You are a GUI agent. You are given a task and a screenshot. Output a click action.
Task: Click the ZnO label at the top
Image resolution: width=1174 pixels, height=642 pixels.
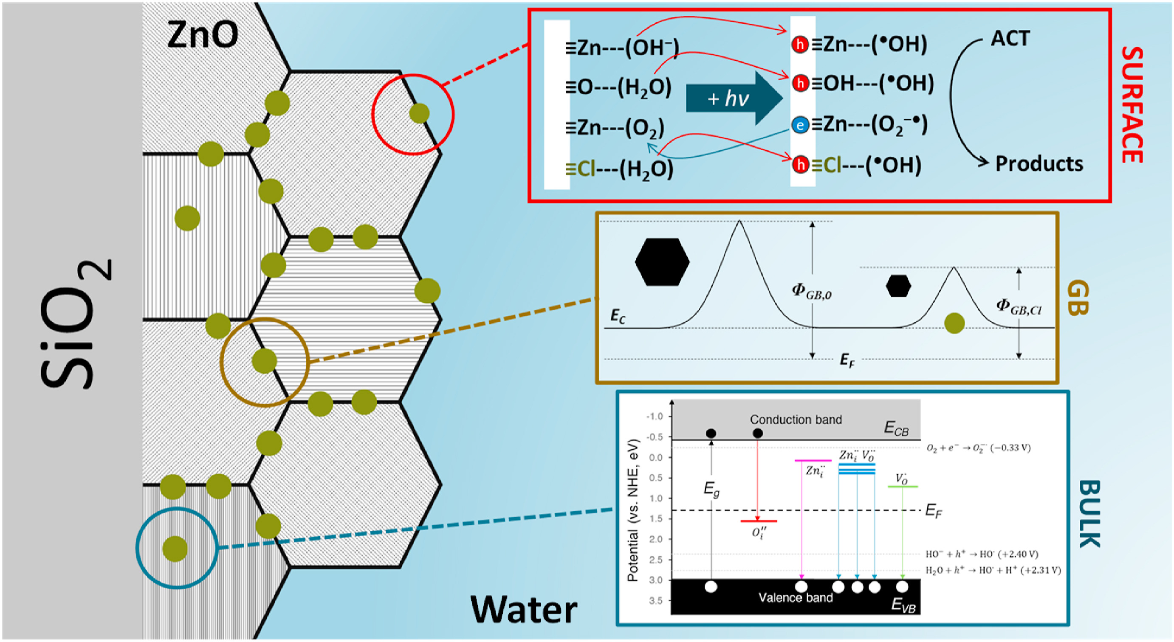202,35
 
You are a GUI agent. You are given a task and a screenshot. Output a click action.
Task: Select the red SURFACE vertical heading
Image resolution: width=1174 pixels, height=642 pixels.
1132,104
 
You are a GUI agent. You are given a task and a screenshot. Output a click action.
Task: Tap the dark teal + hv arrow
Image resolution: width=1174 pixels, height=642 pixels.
734,98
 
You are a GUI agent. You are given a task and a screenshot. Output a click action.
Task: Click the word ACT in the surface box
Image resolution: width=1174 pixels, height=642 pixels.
1010,39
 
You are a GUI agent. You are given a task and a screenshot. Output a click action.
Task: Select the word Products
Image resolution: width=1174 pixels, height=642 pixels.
1039,163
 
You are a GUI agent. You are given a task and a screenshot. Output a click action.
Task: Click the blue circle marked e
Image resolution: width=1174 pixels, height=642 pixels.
800,125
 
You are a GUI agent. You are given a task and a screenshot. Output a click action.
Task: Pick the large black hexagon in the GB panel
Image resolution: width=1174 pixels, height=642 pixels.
662,262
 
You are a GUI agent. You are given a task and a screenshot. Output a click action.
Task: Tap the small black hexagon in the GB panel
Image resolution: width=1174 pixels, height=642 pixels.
898,286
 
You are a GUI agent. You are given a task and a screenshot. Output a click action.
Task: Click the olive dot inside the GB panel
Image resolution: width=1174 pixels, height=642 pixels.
954,323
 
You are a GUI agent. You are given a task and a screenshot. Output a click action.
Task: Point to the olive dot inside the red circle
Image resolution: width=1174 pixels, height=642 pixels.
419,113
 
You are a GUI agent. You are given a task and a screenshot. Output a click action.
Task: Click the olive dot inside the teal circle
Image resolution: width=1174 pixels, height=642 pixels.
175,549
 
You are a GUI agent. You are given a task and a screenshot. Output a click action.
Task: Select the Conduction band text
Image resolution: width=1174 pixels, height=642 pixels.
796,420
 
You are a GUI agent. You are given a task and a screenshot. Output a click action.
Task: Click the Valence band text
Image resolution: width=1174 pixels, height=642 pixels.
795,598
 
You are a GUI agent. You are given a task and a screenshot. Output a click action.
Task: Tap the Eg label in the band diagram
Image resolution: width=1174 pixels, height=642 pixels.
711,490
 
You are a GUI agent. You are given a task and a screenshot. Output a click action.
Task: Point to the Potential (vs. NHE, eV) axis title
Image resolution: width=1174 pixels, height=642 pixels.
632,510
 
